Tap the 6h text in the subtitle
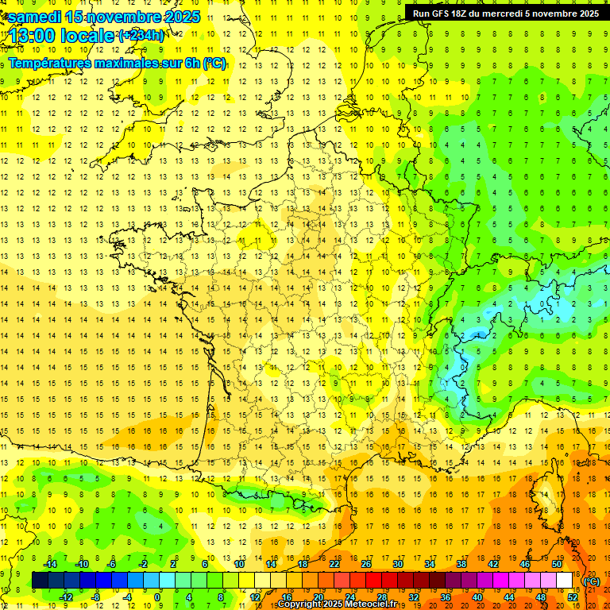click(x=191, y=63)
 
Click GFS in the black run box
click(x=442, y=14)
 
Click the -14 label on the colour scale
click(x=50, y=564)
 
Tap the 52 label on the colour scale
click(x=573, y=597)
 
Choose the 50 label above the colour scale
click(x=557, y=564)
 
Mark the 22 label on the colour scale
click(x=334, y=564)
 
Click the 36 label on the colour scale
click(x=446, y=597)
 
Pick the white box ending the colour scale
click(x=565, y=580)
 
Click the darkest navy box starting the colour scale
click(x=40, y=580)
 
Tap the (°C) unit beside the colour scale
click(x=591, y=581)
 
